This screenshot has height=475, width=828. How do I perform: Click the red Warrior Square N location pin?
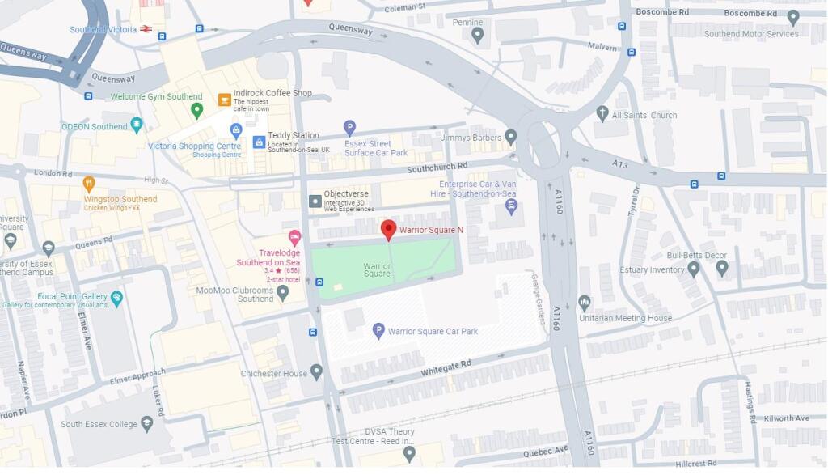(x=389, y=229)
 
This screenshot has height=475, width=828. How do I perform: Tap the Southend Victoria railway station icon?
(x=146, y=29)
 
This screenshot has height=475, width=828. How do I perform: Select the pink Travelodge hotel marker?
(x=294, y=237)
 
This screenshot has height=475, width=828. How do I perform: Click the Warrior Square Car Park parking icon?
(x=378, y=330)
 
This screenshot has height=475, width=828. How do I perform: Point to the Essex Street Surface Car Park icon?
(x=349, y=127)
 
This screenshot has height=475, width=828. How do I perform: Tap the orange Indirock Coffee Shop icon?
(x=224, y=100)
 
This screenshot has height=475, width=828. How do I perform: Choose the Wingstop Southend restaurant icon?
(x=89, y=184)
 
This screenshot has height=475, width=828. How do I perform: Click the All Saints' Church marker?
(x=602, y=113)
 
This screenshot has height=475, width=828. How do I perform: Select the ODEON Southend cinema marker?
(x=137, y=125)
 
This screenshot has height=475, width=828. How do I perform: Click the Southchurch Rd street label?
(x=437, y=167)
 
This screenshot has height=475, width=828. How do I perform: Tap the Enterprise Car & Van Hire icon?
(x=510, y=206)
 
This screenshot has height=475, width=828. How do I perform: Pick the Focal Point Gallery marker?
(x=116, y=299)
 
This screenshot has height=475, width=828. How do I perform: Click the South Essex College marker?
(x=146, y=423)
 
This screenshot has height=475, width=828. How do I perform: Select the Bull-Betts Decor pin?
(x=721, y=266)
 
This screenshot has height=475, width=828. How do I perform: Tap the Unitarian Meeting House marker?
(x=585, y=303)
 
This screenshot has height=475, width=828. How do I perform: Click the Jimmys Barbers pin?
(x=510, y=137)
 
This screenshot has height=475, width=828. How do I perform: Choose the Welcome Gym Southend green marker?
(x=196, y=108)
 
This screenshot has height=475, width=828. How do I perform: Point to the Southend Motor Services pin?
(x=793, y=17)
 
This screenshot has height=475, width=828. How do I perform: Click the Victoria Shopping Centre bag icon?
(x=235, y=130)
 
